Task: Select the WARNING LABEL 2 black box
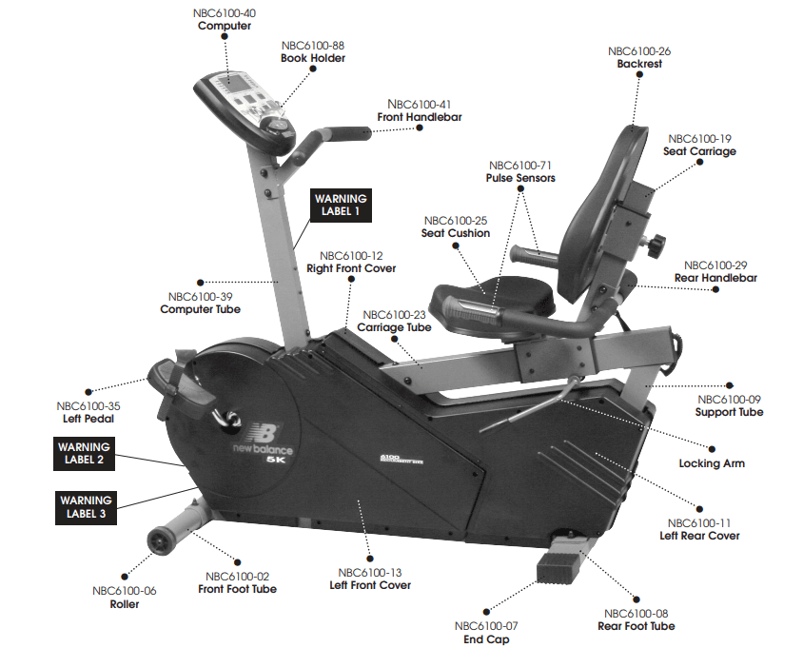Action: click(x=83, y=453)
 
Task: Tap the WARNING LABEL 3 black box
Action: click(x=85, y=506)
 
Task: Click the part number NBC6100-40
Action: click(x=224, y=13)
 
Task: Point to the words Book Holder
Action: click(x=312, y=58)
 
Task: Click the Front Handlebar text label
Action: click(x=419, y=117)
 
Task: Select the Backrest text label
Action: click(x=639, y=64)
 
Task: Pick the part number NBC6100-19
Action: click(x=699, y=138)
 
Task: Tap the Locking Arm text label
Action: click(x=712, y=463)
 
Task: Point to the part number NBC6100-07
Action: click(x=485, y=626)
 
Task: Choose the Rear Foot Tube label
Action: click(x=636, y=626)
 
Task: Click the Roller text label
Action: click(x=124, y=603)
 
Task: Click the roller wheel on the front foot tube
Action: click(x=160, y=540)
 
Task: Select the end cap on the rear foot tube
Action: click(x=558, y=569)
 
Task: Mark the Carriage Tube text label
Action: click(x=394, y=327)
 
